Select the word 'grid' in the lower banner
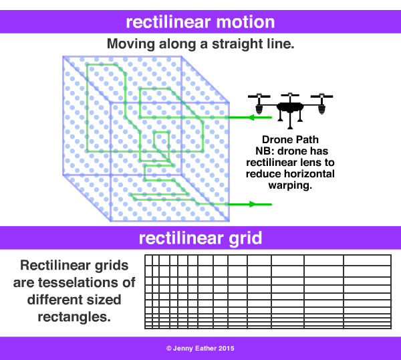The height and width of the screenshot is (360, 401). click(x=244, y=239)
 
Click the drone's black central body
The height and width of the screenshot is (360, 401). click(x=291, y=106)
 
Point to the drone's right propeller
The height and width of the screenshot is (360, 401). click(x=323, y=96)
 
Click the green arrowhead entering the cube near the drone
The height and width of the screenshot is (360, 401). click(x=245, y=118)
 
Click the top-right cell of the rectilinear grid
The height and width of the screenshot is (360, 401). click(x=367, y=260)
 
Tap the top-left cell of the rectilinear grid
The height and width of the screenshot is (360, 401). click(x=148, y=260)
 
